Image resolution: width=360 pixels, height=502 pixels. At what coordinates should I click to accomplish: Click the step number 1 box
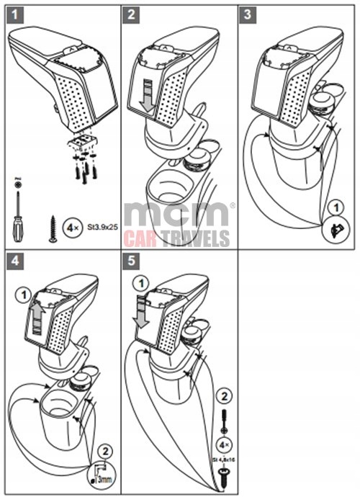[x=14, y=14]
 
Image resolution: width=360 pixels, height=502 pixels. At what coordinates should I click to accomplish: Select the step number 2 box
[x=131, y=14]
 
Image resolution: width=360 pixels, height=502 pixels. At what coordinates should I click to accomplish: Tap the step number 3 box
[x=248, y=14]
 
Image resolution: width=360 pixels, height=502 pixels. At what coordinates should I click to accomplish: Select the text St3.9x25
[x=102, y=227]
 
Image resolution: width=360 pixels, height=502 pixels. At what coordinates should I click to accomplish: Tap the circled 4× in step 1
[x=73, y=227]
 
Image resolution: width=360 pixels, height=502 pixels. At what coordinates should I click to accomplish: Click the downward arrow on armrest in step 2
[x=146, y=97]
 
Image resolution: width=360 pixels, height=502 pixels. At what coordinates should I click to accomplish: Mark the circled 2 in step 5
[x=225, y=395]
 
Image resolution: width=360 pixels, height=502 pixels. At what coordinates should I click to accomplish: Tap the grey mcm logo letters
[x=176, y=215]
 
